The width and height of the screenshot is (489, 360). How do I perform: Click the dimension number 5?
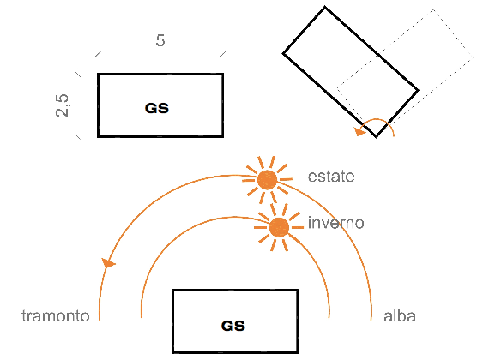(x=160, y=40)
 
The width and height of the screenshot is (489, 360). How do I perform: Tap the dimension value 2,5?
(x=62, y=105)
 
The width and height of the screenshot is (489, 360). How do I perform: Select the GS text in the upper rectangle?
(x=157, y=108)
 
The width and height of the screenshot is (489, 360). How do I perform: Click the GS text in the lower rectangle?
(x=233, y=326)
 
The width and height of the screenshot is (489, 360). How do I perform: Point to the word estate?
(x=331, y=177)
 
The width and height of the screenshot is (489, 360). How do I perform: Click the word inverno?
(x=336, y=223)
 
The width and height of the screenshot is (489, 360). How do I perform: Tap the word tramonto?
(x=56, y=316)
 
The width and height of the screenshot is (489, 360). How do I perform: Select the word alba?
(x=400, y=316)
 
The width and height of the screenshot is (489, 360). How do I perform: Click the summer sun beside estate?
(x=268, y=179)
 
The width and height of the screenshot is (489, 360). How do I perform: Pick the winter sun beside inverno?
(x=279, y=227)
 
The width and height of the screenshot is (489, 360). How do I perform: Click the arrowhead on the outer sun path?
(x=108, y=263)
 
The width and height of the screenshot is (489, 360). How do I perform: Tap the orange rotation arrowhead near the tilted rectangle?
(x=360, y=131)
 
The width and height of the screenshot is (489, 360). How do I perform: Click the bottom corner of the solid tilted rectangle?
(x=377, y=136)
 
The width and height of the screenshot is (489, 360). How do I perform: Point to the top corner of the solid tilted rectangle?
(x=324, y=7)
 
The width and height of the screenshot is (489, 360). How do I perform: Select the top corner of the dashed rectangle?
(x=433, y=10)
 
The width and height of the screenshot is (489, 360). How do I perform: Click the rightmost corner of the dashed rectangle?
(x=473, y=57)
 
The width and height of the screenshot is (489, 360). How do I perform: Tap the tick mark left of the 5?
(x=98, y=54)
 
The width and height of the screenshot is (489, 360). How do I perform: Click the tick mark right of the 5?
(x=223, y=54)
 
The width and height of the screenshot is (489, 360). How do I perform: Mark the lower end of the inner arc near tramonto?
(x=142, y=318)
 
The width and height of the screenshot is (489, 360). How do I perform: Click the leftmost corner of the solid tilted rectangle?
(x=283, y=53)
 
